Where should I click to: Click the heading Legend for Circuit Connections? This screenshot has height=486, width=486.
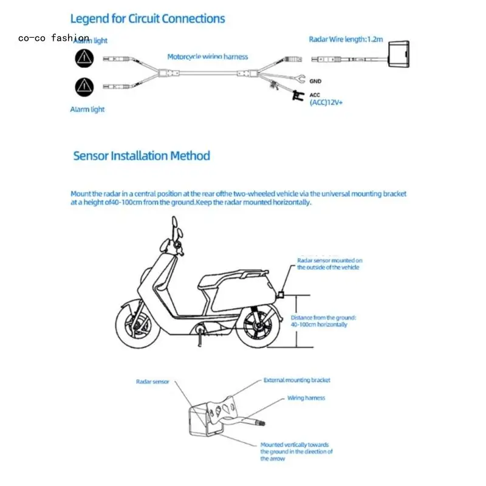(148, 19)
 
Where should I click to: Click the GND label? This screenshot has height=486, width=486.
(315, 81)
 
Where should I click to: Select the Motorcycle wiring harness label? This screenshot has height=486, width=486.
(208, 56)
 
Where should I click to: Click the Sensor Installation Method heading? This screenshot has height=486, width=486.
(142, 156)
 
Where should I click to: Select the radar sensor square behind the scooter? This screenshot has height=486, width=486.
(282, 295)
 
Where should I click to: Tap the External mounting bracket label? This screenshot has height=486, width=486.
(296, 380)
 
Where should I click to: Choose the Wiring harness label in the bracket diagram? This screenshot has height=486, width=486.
(306, 398)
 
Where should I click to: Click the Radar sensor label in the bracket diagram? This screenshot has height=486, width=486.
(152, 382)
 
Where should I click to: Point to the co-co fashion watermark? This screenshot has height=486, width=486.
(53, 38)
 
